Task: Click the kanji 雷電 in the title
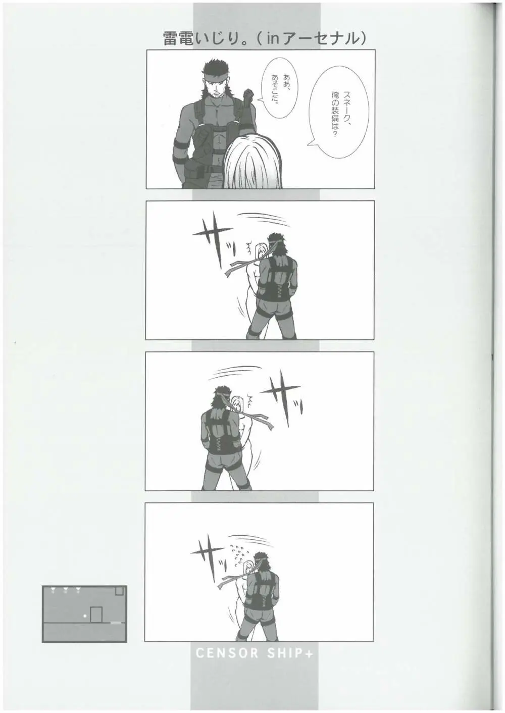178,39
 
